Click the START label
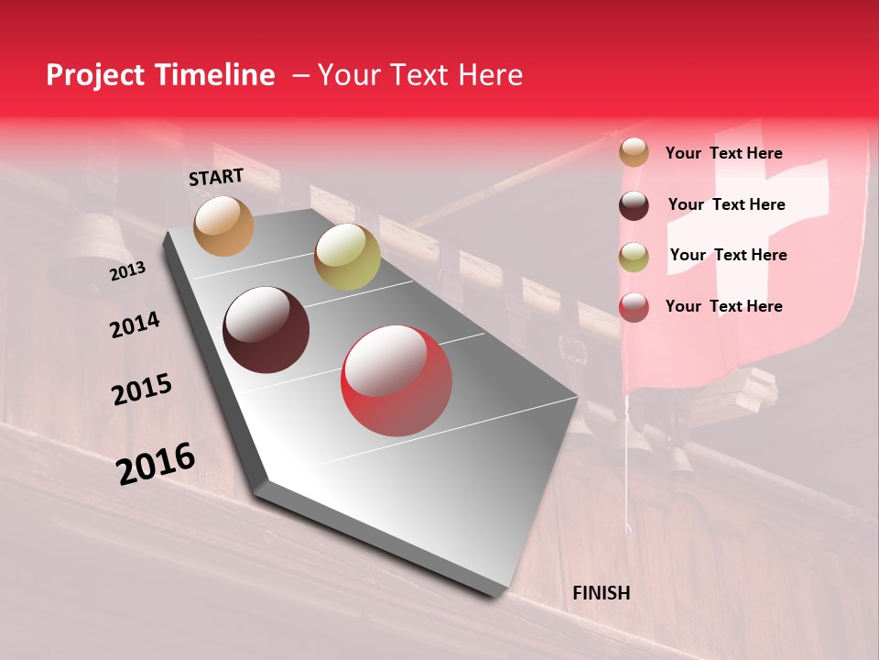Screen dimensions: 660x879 [x=216, y=177]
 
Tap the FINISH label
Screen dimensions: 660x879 [x=602, y=593]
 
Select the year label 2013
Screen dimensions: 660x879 [x=127, y=271]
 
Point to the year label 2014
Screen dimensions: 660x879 [x=135, y=324]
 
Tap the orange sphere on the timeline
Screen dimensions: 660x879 [x=224, y=225]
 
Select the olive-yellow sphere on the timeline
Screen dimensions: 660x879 [x=347, y=257]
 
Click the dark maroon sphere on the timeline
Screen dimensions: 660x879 [x=266, y=330]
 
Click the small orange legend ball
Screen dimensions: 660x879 [x=634, y=152]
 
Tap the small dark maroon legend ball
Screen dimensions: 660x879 [x=634, y=204]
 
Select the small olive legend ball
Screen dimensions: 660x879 [x=634, y=256]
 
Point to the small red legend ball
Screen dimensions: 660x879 [x=634, y=307]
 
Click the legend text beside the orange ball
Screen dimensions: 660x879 [x=723, y=153]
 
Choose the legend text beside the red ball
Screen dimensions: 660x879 [x=723, y=306]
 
